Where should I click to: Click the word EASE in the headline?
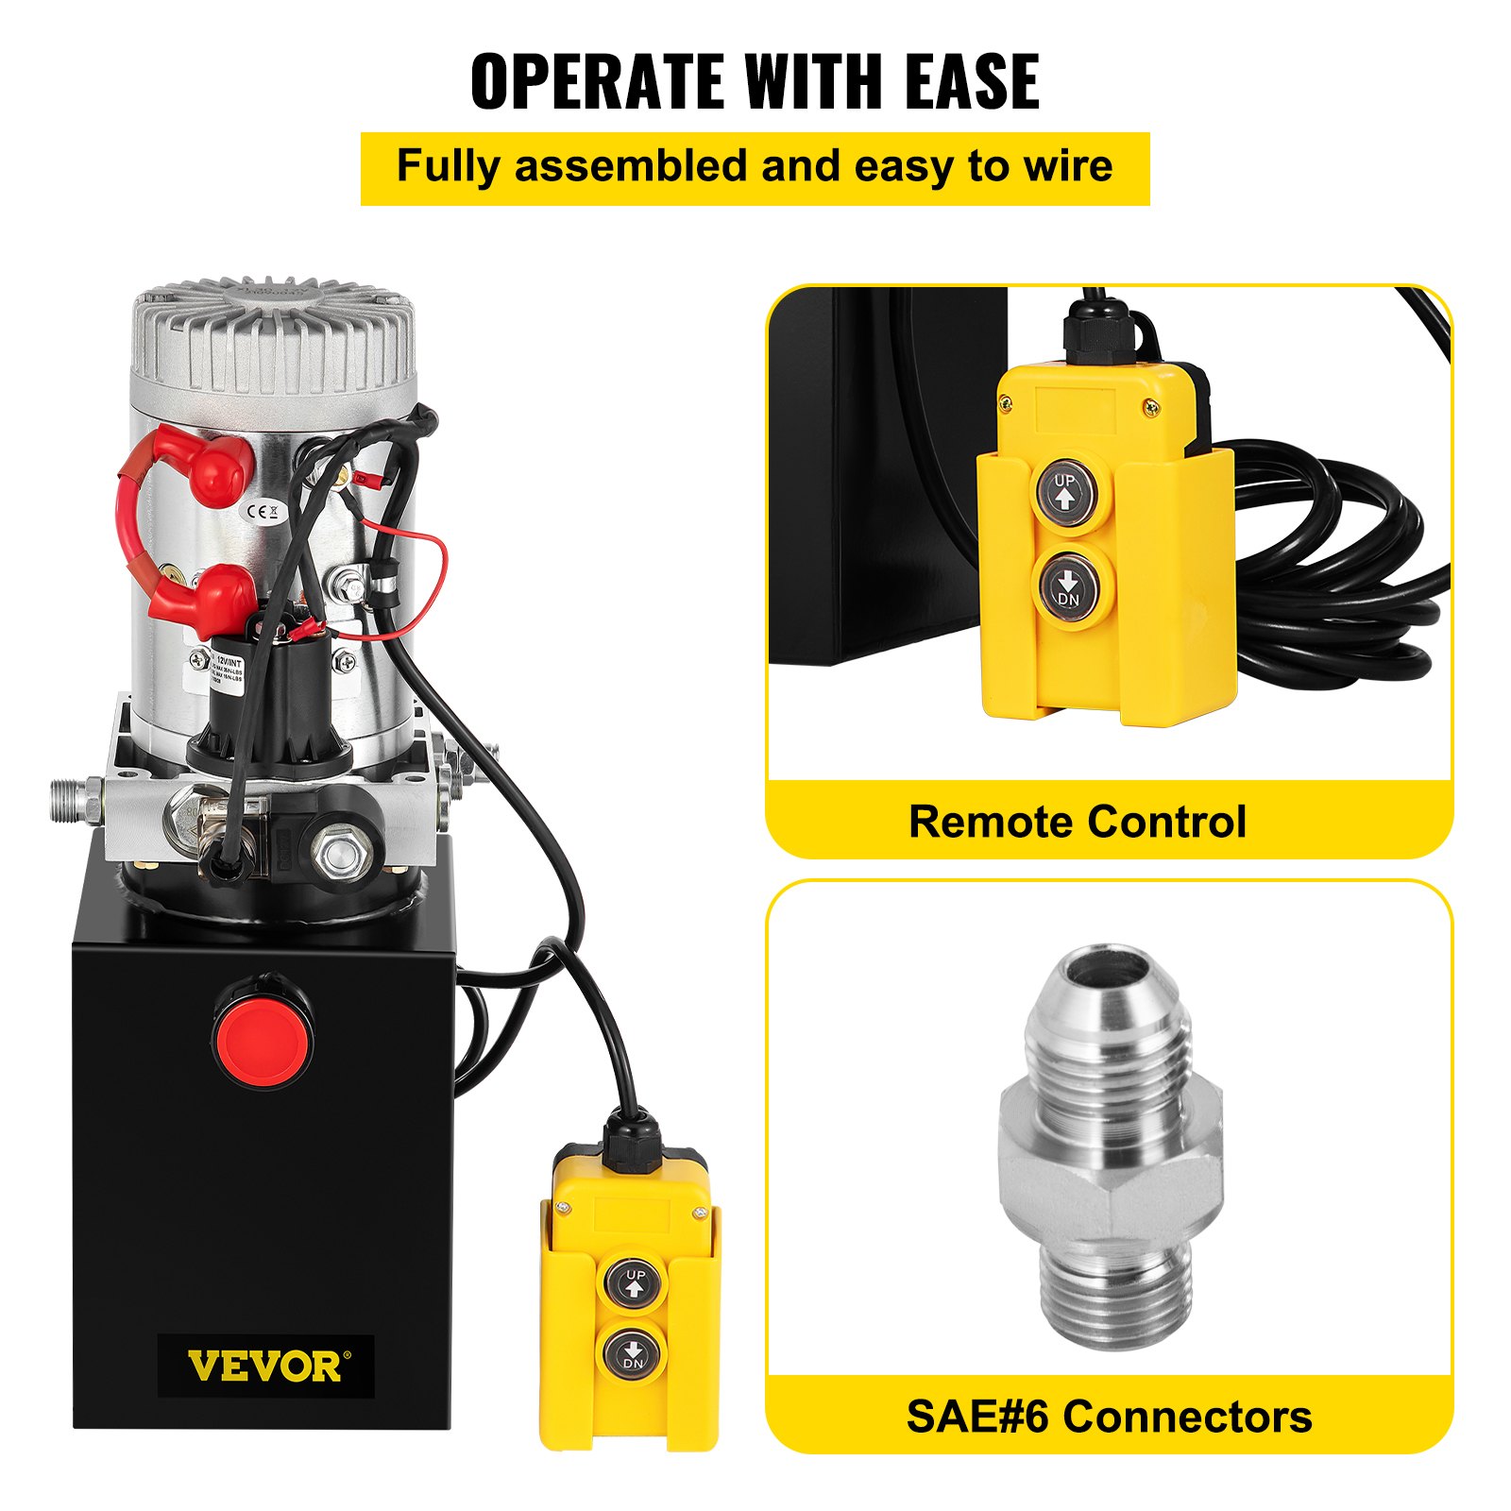[x=972, y=82]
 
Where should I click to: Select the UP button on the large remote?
[x=1065, y=489]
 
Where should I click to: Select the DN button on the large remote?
[x=1067, y=586]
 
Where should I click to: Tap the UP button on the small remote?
[x=635, y=1282]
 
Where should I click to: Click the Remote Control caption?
[x=1077, y=822]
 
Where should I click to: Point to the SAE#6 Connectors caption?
[x=1109, y=1417]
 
